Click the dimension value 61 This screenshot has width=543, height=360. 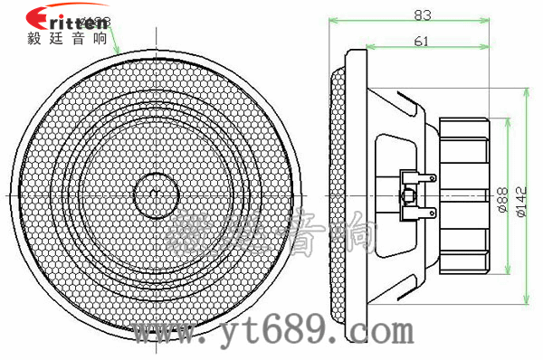tap(422, 42)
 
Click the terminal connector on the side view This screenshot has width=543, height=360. tap(412, 194)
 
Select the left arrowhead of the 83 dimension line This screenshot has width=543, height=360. tap(332, 21)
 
